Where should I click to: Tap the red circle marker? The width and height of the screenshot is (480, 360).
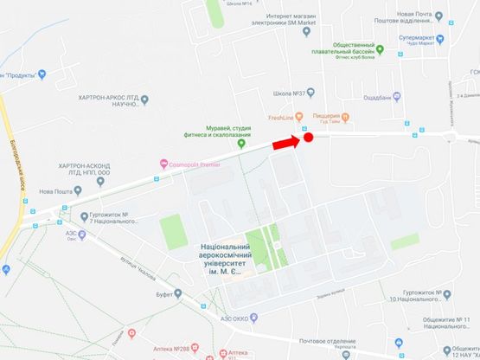pyautogui.click(x=307, y=138)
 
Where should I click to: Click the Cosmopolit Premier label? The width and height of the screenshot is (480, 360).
pyautogui.click(x=196, y=164)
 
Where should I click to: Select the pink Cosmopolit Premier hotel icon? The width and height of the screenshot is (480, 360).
pyautogui.click(x=163, y=164)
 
